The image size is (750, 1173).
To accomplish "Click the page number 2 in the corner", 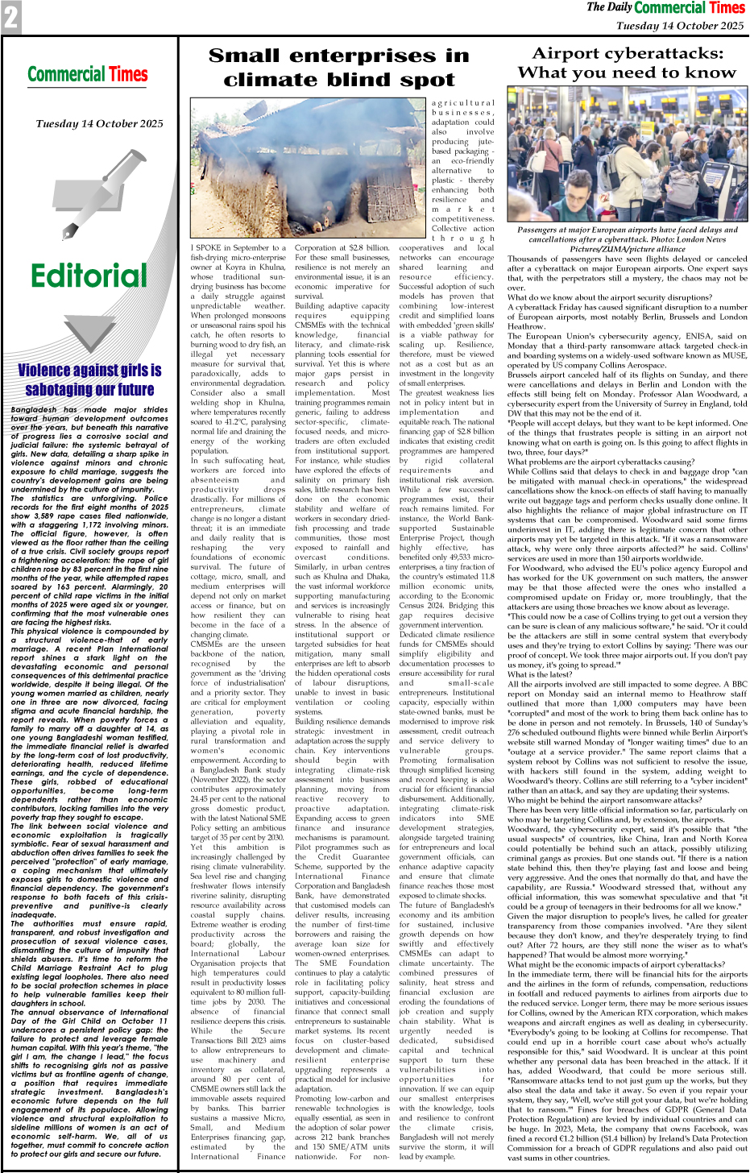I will [x=10, y=17].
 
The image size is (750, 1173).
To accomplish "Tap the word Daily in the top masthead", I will [x=620, y=8].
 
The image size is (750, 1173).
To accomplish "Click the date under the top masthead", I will [x=679, y=26].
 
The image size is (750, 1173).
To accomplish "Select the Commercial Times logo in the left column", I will [x=88, y=75].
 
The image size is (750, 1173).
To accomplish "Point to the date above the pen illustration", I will [x=99, y=123].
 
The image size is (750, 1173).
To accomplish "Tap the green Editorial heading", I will [x=89, y=276].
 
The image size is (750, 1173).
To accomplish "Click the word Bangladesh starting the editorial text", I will [x=34, y=409].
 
